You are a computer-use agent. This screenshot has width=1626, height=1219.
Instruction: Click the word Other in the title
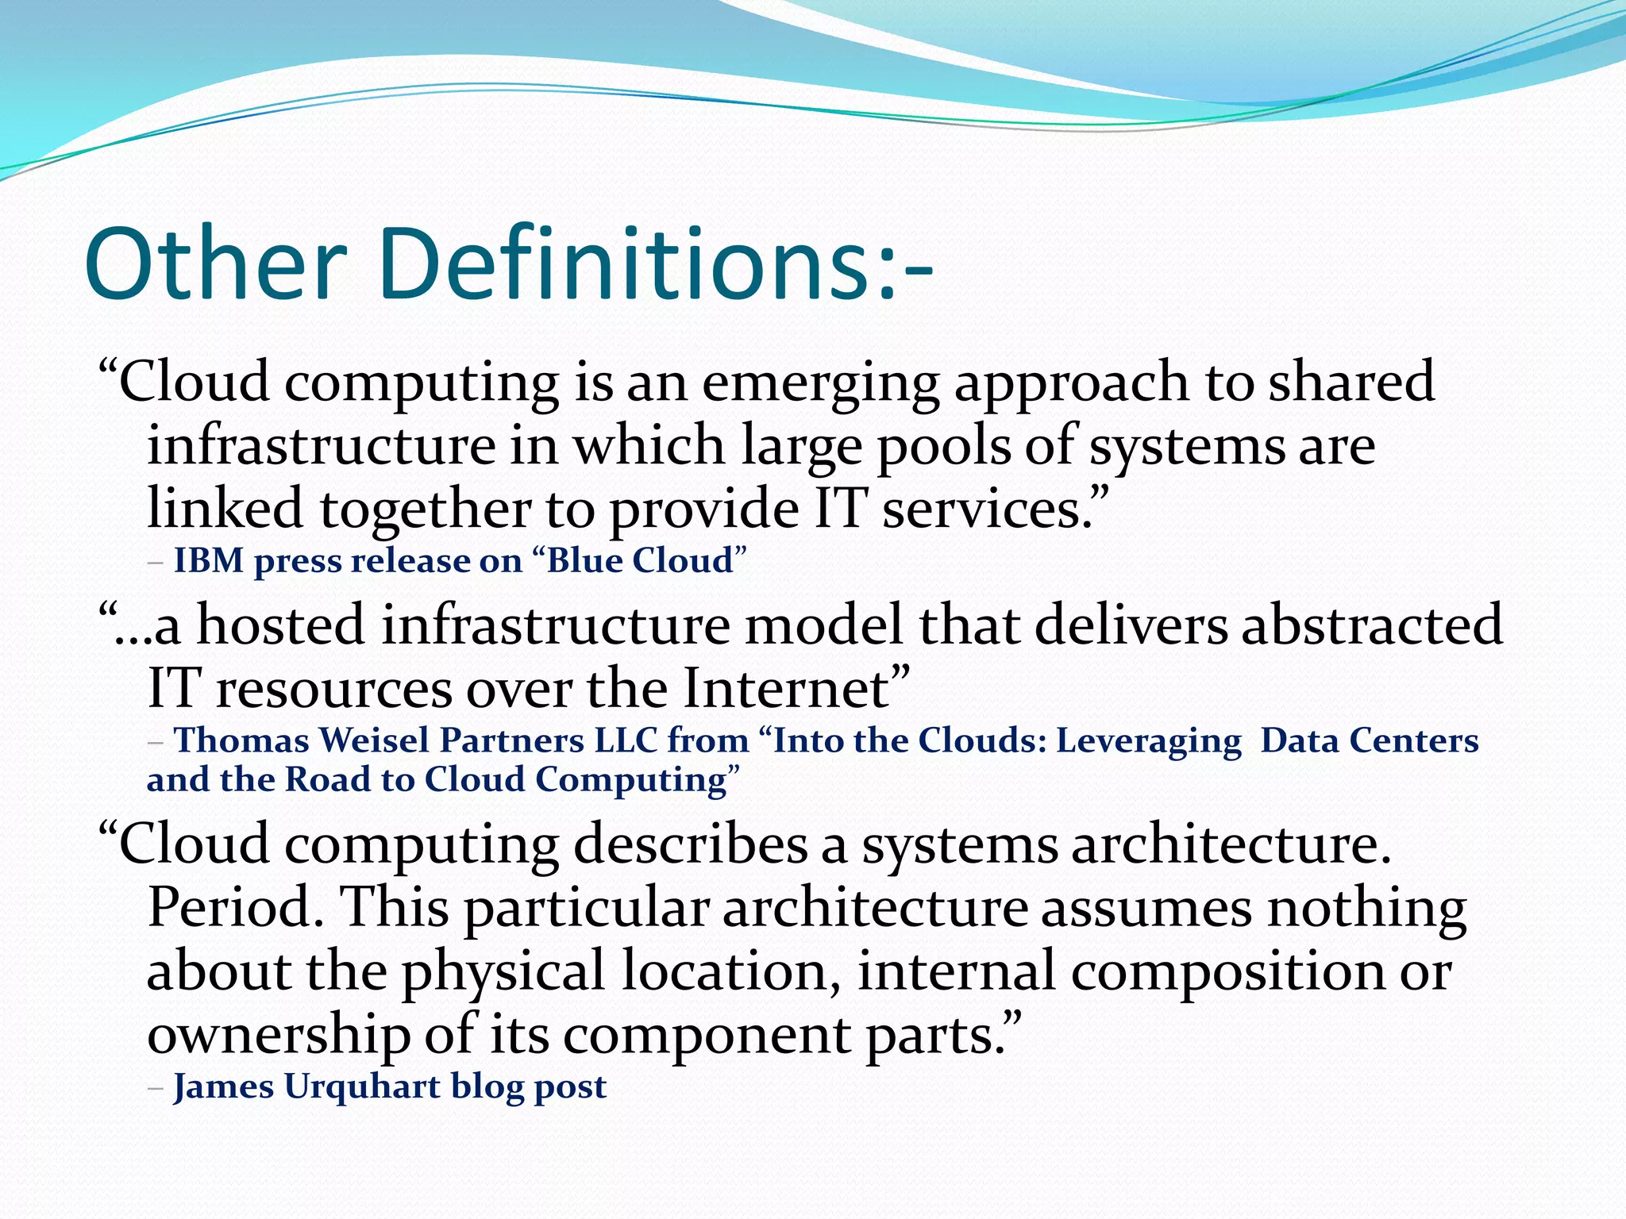coord(216,263)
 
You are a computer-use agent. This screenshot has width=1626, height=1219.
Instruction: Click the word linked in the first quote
coord(225,509)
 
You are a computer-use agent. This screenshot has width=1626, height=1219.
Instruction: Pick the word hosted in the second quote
coord(280,625)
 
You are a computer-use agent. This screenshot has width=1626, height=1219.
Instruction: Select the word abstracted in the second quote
coord(1371,625)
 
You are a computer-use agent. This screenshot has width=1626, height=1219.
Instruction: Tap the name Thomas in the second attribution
coord(241,740)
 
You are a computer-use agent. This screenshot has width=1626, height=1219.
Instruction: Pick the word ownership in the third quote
coord(279,1036)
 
